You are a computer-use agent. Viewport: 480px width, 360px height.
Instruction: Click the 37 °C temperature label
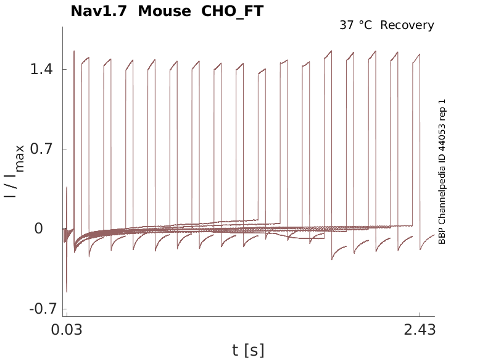357,25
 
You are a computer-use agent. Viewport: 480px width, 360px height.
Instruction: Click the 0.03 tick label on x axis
67,330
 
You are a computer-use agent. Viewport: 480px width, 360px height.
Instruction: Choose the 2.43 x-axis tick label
420,330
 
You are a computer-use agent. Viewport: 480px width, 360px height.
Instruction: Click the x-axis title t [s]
248,350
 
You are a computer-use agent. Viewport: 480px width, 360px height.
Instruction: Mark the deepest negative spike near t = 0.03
67,291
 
